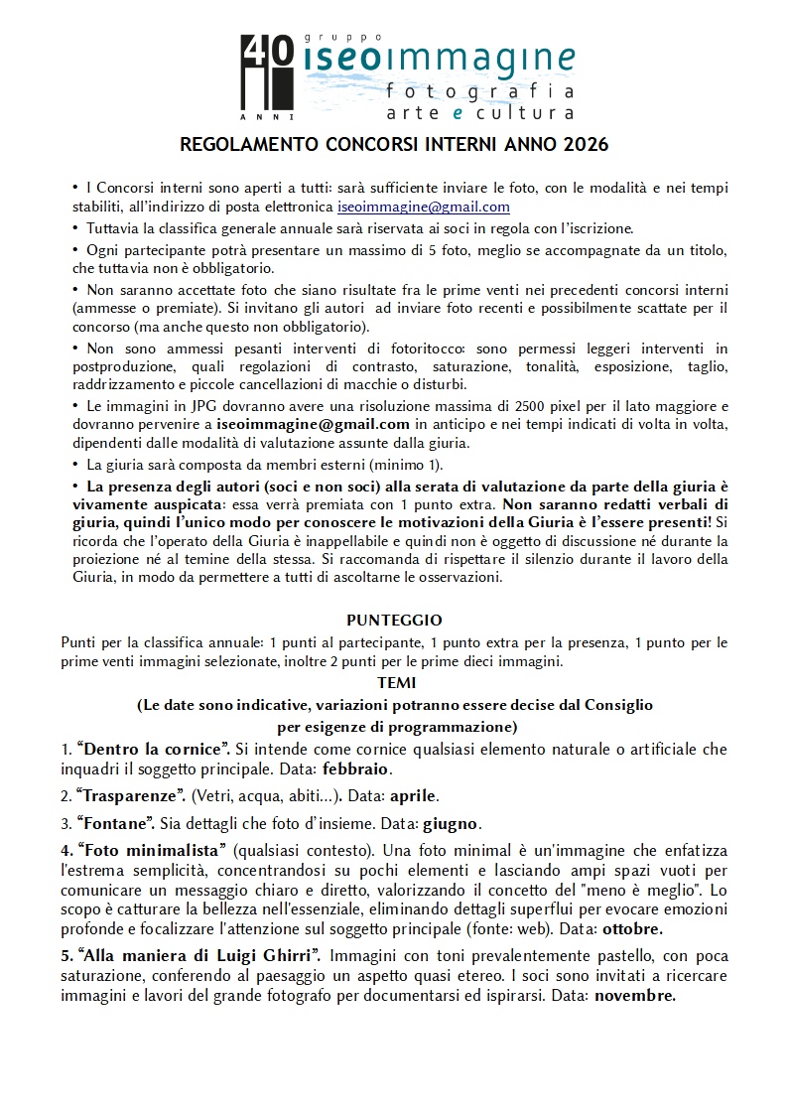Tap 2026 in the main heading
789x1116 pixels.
pyautogui.click(x=586, y=145)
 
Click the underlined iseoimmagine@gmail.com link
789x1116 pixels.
pyautogui.click(x=424, y=208)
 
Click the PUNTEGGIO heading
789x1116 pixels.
pyautogui.click(x=395, y=621)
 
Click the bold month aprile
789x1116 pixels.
pyautogui.click(x=412, y=796)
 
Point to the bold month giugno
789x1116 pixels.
pyautogui.click(x=452, y=823)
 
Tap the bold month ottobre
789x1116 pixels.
pyautogui.click(x=631, y=929)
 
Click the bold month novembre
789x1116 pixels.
pyautogui.click(x=634, y=996)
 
